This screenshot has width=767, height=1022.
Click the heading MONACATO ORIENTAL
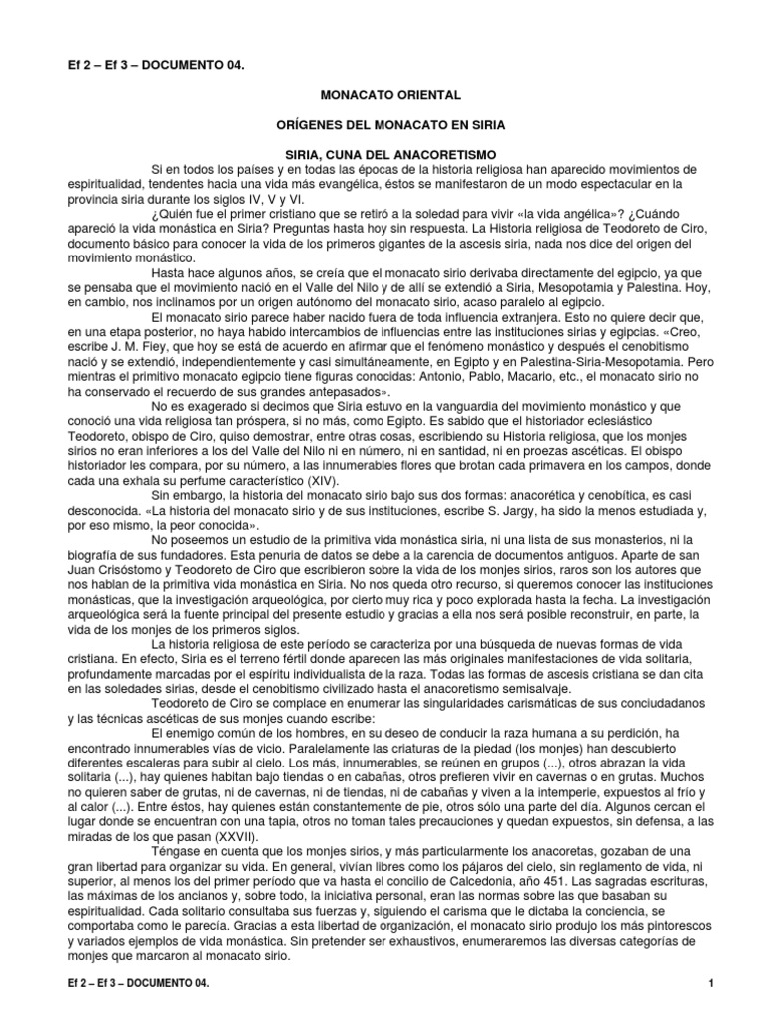click(390, 95)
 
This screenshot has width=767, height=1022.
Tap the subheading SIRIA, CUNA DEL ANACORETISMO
click(390, 155)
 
